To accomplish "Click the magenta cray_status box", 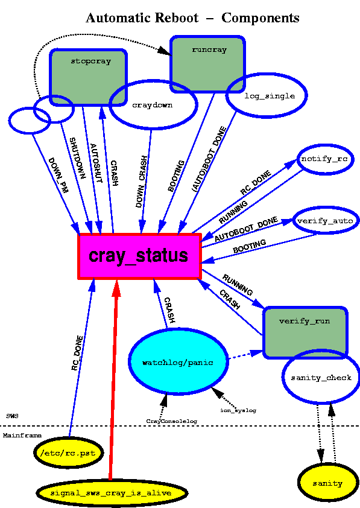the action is [139, 256].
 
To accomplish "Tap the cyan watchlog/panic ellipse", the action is [178, 362].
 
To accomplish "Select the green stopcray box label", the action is [91, 61].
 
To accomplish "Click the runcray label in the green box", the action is [209, 50].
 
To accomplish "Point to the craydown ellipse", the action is [153, 104].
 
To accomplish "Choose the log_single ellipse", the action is [267, 95].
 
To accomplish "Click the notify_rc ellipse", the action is [325, 159].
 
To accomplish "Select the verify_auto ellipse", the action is [326, 221].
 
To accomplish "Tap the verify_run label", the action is [305, 321].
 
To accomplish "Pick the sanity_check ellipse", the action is [321, 377].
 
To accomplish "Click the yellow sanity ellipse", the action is [328, 483].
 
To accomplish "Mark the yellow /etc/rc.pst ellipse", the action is [69, 452].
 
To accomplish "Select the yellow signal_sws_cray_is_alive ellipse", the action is [112, 493].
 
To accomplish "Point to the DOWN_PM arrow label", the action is [58, 176].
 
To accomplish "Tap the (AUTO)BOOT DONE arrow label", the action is [209, 159].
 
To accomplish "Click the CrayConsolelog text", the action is [172, 421].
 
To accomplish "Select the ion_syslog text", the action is [238, 410].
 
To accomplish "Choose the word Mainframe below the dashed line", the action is [22, 436].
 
